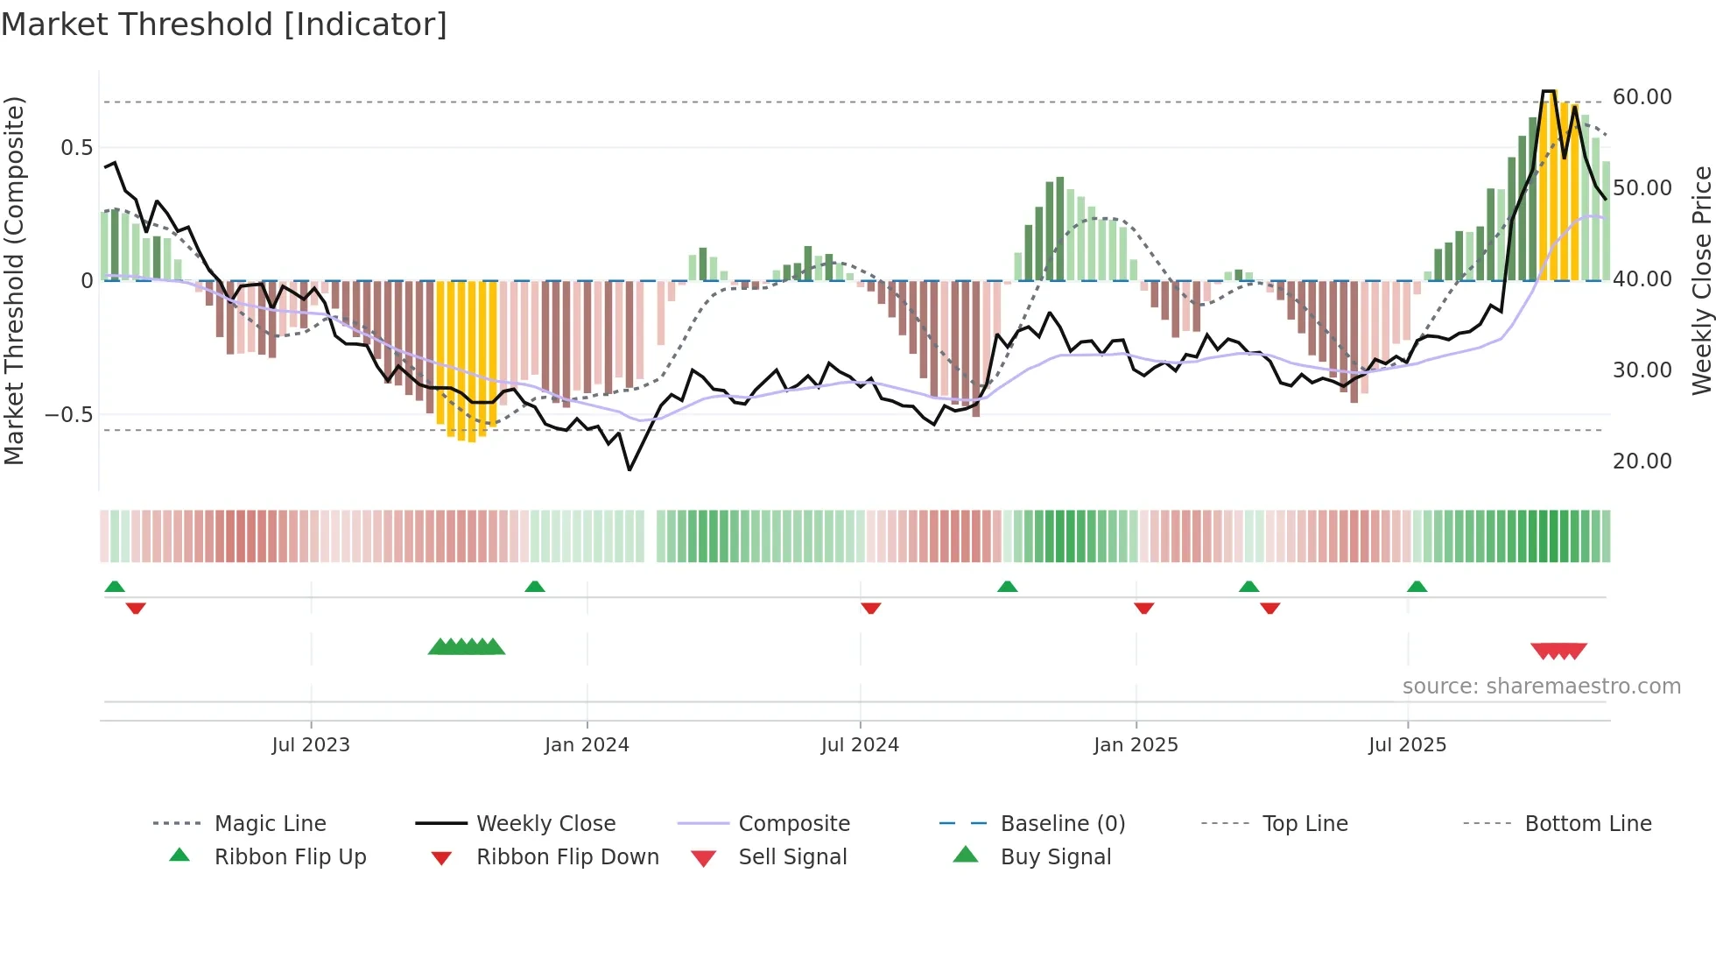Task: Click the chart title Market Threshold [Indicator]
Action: pos(224,25)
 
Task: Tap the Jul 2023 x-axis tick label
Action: pos(311,745)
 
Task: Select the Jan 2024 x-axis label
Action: pos(587,745)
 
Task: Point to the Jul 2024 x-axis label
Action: pos(860,745)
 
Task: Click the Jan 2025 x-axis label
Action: pos(1136,745)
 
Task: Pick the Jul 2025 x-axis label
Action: pos(1408,745)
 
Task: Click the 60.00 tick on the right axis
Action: pos(1642,97)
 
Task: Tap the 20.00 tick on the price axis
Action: pos(1642,461)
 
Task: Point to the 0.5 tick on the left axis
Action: pos(76,148)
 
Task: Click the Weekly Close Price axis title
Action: pos(1701,280)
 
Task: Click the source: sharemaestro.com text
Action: pos(1541,687)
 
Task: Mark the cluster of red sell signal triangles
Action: pos(1558,651)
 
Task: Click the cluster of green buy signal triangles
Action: pos(467,647)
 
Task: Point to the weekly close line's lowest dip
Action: pos(629,469)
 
